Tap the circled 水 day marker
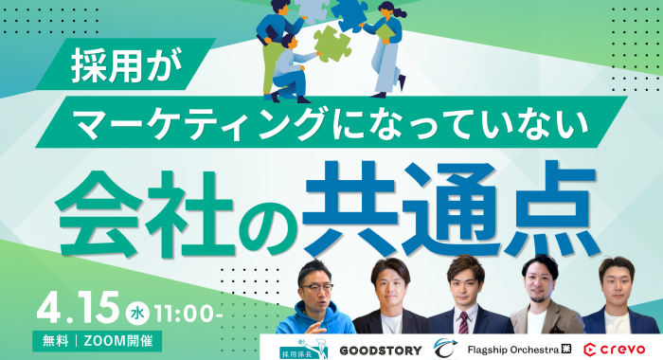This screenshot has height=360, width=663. click(137, 311)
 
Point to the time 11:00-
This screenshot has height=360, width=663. click(189, 311)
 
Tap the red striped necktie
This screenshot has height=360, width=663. click(464, 323)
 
